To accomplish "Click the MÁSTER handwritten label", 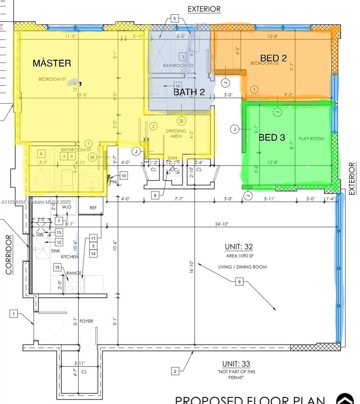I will point(52,63).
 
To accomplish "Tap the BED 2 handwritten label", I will point(273,58).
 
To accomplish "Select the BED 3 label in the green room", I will point(272,137).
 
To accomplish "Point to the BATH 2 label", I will point(189,92).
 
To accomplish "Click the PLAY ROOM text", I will point(311,139).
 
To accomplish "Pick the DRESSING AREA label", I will point(176,133).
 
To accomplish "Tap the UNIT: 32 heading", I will point(239,247).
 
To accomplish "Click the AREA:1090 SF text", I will point(239,256).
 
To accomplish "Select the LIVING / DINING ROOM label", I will point(242,267).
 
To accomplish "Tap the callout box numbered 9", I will point(239,281).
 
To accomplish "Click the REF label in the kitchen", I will point(93,208).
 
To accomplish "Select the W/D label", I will point(67,207).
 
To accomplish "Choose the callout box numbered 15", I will point(57,267).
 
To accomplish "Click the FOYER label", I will point(86,321).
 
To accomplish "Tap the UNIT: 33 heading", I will point(236,364).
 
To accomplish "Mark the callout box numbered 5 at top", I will point(174,19).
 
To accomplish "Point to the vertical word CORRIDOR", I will point(9,255).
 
